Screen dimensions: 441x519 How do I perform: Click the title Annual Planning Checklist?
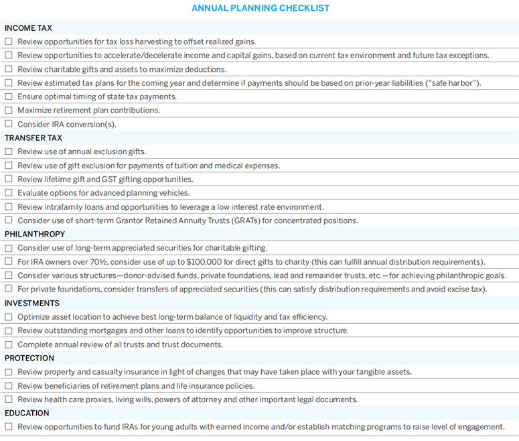tap(261, 8)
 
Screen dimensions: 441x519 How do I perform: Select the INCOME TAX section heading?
tap(28, 28)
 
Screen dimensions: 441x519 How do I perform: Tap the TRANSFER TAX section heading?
tap(33, 138)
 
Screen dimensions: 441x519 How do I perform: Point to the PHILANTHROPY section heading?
tap(35, 234)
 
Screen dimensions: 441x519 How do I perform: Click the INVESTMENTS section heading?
tap(32, 303)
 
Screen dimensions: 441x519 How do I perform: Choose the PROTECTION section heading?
tap(29, 358)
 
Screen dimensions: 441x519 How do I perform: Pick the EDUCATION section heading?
tap(27, 413)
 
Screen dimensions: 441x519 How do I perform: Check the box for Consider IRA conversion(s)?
tap(9, 124)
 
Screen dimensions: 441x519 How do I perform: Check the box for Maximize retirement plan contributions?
tap(9, 111)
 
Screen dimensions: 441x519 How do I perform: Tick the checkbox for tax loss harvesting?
tap(9, 42)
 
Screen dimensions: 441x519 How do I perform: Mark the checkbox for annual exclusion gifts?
tap(9, 151)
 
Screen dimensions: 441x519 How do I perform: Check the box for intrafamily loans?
tap(9, 207)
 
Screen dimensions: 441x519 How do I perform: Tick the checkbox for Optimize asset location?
tap(9, 317)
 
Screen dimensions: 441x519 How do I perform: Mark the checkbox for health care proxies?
tap(9, 399)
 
